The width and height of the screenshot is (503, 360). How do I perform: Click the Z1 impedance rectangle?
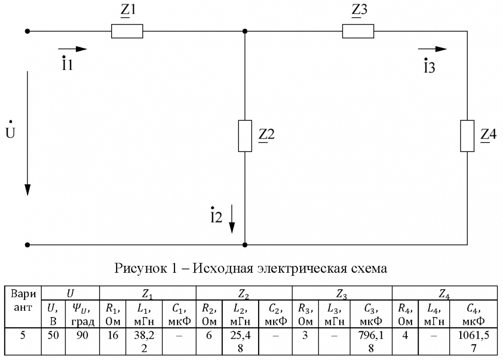click(127, 32)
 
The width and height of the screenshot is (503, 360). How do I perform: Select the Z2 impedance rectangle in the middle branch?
click(245, 136)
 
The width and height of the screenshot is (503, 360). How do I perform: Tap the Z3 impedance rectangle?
click(358, 32)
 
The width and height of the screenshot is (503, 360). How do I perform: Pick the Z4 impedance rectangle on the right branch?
click(468, 136)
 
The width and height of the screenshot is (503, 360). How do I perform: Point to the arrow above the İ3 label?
click(434, 49)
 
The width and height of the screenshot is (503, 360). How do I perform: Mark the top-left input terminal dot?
click(28, 31)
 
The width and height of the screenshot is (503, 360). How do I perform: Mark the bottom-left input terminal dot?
click(28, 245)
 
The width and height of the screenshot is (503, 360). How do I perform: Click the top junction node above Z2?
click(245, 31)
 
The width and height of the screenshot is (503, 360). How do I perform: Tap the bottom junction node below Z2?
click(245, 245)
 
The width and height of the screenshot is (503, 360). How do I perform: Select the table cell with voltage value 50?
click(53, 335)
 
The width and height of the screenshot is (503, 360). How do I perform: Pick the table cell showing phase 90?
click(82, 335)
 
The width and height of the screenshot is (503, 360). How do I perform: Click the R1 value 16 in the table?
click(113, 335)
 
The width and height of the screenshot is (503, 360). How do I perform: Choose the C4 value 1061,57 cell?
click(470, 340)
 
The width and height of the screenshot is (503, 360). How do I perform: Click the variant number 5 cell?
click(23, 335)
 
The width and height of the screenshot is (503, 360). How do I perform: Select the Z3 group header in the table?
click(342, 293)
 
